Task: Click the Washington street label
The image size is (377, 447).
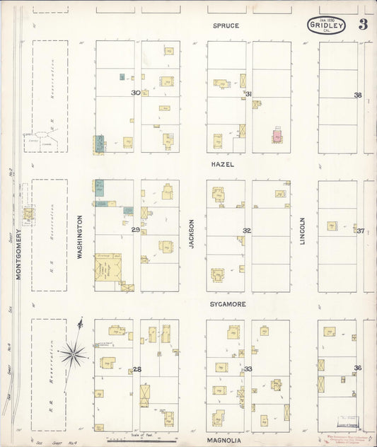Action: pyautogui.click(x=80, y=238)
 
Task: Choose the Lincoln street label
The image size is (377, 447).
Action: pyautogui.click(x=302, y=231)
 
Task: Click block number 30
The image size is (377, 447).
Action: pyautogui.click(x=135, y=93)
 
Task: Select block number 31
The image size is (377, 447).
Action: pyautogui.click(x=248, y=93)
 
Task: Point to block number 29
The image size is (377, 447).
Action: pyautogui.click(x=135, y=230)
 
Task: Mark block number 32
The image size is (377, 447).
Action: pyautogui.click(x=247, y=231)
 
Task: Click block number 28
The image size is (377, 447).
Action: pyautogui.click(x=137, y=368)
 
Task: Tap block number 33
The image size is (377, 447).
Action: pyautogui.click(x=248, y=369)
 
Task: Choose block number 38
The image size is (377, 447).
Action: pyautogui.click(x=358, y=95)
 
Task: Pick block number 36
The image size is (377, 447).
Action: pyautogui.click(x=358, y=368)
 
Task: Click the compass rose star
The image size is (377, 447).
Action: pyautogui.click(x=74, y=351)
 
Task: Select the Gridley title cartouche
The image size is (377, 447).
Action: pyautogui.click(x=326, y=26)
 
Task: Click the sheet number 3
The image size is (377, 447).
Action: pyautogui.click(x=362, y=25)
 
